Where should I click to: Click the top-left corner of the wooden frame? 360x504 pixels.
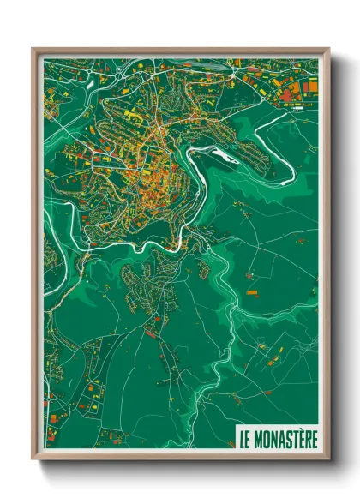[33, 49]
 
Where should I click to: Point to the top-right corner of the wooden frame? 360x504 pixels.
[328, 49]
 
